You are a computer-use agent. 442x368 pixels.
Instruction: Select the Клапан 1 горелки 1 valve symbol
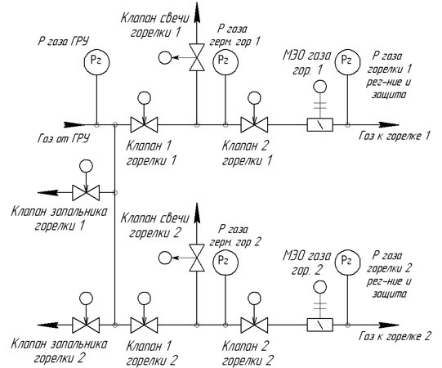pyautogui.click(x=144, y=124)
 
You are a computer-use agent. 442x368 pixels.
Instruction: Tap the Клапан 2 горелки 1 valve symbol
pyautogui.click(x=254, y=124)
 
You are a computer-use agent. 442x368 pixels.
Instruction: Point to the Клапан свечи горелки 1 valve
pyautogui.click(x=197, y=57)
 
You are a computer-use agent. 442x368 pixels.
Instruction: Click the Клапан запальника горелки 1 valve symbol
pyautogui.click(x=86, y=193)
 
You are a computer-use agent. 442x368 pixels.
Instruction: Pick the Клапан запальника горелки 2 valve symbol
pyautogui.click(x=86, y=325)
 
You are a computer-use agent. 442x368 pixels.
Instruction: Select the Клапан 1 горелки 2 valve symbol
pyautogui.click(x=144, y=325)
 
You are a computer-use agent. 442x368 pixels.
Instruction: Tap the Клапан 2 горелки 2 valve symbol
pyautogui.click(x=254, y=325)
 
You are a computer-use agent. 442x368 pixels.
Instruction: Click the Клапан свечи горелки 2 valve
pyautogui.click(x=197, y=258)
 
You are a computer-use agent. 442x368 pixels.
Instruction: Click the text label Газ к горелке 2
pyautogui.click(x=395, y=336)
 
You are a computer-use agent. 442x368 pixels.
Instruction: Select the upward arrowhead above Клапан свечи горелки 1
pyautogui.click(x=197, y=12)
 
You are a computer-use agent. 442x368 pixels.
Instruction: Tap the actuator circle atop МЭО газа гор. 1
pyautogui.click(x=320, y=87)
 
